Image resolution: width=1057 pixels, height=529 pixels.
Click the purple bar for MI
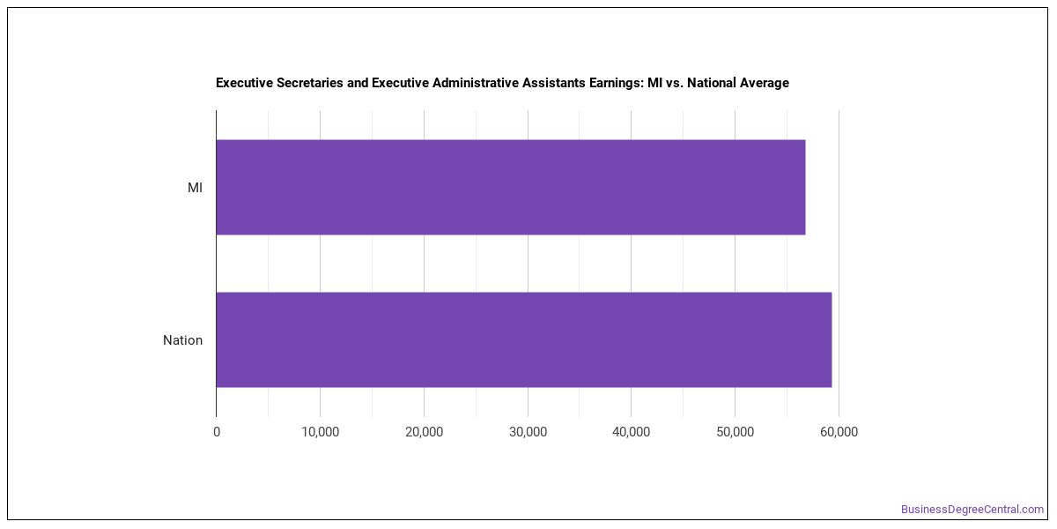tap(511, 187)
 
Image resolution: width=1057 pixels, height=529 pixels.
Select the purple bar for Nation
tap(524, 339)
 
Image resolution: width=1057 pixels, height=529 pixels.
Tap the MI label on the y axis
tap(195, 188)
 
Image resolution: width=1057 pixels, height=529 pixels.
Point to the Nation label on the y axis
tap(182, 340)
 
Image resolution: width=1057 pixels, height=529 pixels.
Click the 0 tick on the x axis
tap(217, 432)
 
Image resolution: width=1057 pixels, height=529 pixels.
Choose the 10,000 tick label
tap(321, 432)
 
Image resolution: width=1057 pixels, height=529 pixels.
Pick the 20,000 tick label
tap(425, 432)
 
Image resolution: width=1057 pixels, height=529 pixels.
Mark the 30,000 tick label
tap(528, 432)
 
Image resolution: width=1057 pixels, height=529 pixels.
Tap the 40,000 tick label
tap(632, 432)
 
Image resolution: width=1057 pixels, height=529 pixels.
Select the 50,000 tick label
tap(735, 432)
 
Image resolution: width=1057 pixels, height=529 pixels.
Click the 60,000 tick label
tap(839, 432)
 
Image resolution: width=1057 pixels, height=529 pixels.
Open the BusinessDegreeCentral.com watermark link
tap(972, 510)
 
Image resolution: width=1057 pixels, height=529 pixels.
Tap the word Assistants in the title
tap(553, 83)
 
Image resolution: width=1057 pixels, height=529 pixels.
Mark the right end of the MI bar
tap(805, 187)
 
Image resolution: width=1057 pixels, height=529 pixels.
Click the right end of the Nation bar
tap(832, 339)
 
